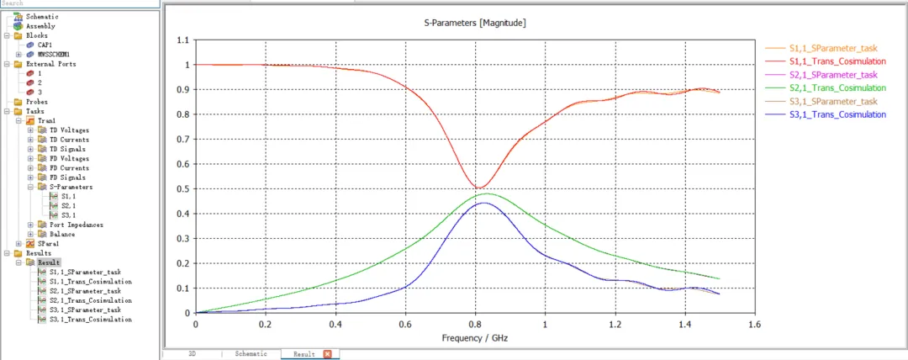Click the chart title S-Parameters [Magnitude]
475,24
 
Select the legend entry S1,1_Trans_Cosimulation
837,61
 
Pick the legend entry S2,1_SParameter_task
833,75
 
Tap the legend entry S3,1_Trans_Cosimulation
837,114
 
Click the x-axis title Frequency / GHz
475,336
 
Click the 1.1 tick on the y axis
183,40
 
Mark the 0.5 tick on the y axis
183,189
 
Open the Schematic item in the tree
42,16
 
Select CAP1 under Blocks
45,45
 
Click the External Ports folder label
51,64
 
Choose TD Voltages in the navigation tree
68,130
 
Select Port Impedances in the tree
77,225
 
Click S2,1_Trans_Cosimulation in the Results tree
91,300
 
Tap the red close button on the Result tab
327,353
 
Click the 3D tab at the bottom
193,353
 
